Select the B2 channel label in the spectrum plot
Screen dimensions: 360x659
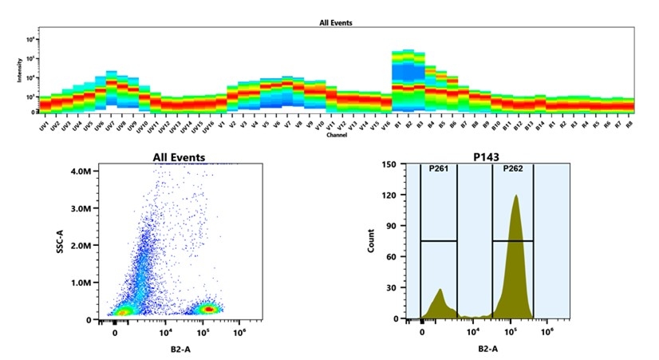point(408,126)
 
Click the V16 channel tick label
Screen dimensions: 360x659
point(385,126)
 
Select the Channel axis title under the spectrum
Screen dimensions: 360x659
point(336,135)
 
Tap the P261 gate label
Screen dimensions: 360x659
point(438,169)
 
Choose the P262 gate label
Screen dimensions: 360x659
point(512,169)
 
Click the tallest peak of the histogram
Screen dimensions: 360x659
point(515,196)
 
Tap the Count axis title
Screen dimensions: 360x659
point(371,242)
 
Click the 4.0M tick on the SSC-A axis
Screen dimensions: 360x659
point(80,171)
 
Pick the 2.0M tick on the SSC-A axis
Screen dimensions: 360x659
point(80,245)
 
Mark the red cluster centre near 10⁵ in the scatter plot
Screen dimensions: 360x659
point(208,308)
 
